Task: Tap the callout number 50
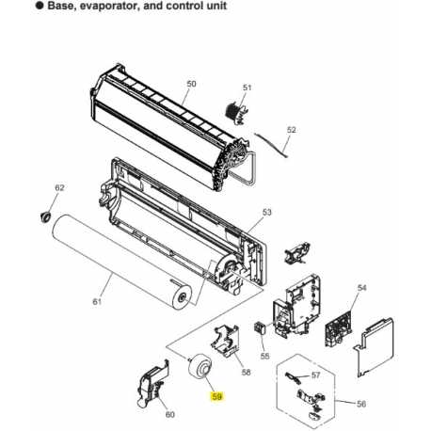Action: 191,84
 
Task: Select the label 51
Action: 247,88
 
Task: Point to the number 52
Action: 292,130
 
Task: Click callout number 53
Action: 266,213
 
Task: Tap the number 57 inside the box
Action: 316,375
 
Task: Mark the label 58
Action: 246,374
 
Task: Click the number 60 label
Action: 169,414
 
